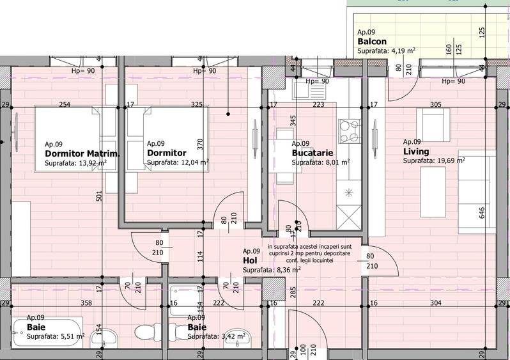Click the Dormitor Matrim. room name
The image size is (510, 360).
coord(82,153)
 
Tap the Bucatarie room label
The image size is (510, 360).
coord(309,153)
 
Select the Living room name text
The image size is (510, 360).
coord(415,152)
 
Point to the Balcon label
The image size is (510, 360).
coord(371,42)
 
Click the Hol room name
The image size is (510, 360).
coord(250,261)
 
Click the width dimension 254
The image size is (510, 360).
coord(65,104)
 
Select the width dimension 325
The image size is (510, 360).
coord(197,104)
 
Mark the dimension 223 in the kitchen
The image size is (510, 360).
coord(318,104)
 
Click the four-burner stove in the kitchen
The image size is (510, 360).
coord(350,132)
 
